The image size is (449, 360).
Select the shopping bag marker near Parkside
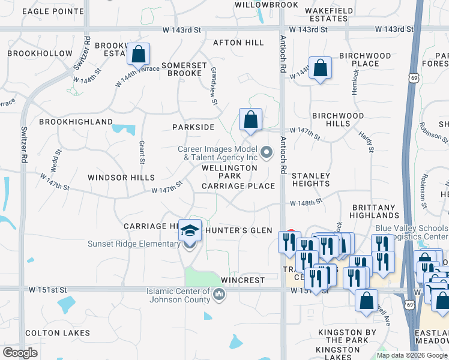coord(250,120)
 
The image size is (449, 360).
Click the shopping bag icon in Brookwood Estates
coord(138,55)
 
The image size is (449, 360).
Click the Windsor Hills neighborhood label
coord(121,178)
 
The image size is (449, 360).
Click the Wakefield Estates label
coord(327,14)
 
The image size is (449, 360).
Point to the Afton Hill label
coord(238,43)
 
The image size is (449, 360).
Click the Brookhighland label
coord(76,122)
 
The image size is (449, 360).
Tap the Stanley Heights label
coord(311,179)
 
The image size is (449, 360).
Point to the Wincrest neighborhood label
coord(243,280)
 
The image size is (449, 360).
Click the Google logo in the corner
coord(20,353)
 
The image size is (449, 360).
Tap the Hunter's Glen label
coord(239,230)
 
